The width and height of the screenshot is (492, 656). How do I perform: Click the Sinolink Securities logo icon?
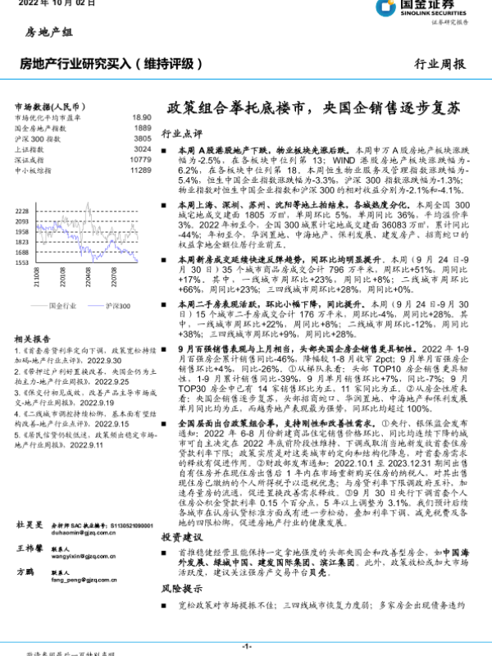pyautogui.click(x=386, y=9)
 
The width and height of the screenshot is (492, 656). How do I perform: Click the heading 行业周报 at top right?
pyautogui.click(x=442, y=63)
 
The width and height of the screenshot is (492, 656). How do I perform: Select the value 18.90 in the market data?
pyautogui.click(x=141, y=118)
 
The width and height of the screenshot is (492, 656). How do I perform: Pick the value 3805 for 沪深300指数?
pyautogui.click(x=142, y=139)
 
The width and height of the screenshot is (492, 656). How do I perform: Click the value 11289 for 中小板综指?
pyautogui.click(x=140, y=171)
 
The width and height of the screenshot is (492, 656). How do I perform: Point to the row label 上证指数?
pyautogui.click(x=30, y=150)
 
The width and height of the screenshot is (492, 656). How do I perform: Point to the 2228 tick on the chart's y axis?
pyautogui.click(x=22, y=212)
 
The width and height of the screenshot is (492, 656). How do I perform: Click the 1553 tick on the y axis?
pyautogui.click(x=22, y=262)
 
